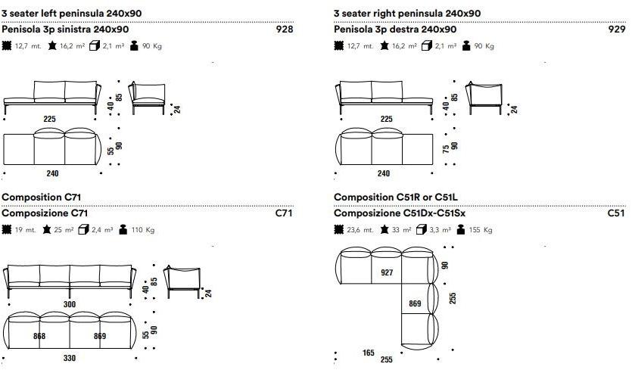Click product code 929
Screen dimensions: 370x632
pyautogui.click(x=616, y=30)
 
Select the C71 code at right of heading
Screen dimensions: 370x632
pyautogui.click(x=283, y=213)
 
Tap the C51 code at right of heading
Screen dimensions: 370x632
pyautogui.click(x=615, y=213)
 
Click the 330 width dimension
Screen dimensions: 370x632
pyautogui.click(x=70, y=357)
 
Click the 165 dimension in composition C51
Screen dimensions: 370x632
pyautogui.click(x=369, y=353)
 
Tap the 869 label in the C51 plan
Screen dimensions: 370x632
pyautogui.click(x=416, y=303)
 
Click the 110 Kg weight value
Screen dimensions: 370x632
pyautogui.click(x=142, y=230)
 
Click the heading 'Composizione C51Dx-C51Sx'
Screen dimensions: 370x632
pyautogui.click(x=400, y=213)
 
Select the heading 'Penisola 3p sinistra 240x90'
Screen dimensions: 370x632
pyautogui.click(x=66, y=30)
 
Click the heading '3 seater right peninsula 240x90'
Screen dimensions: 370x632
pyautogui.click(x=407, y=14)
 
